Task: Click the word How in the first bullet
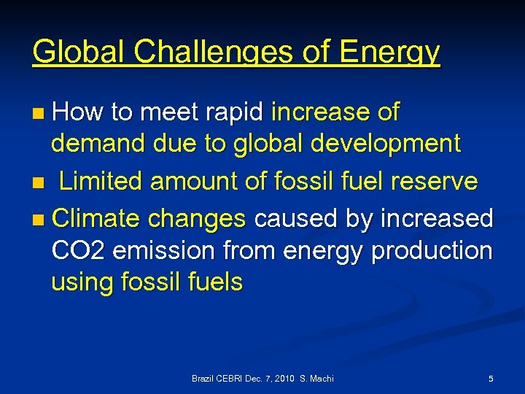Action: (x=79, y=112)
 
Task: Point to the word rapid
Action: (x=236, y=112)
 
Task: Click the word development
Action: (x=385, y=144)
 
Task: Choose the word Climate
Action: (x=97, y=218)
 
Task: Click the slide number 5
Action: (x=491, y=379)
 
